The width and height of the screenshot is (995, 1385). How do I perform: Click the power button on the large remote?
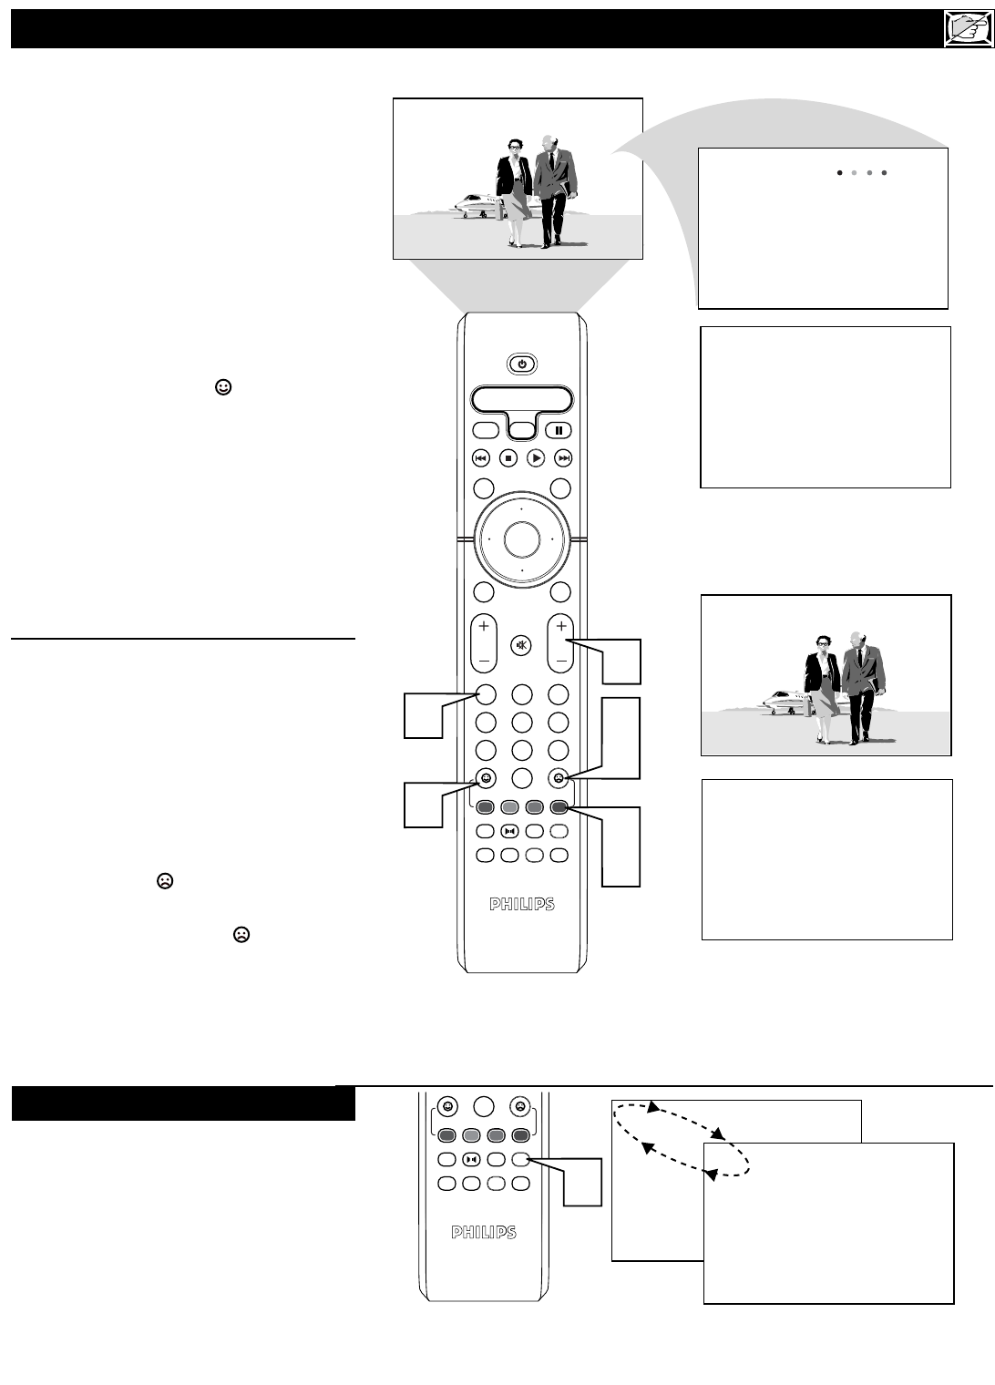point(521,364)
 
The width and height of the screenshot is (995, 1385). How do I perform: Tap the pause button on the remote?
point(558,430)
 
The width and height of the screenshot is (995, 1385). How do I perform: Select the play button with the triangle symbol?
point(536,458)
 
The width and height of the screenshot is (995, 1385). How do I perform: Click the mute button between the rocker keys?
point(521,645)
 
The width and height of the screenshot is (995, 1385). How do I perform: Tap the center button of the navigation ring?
point(522,539)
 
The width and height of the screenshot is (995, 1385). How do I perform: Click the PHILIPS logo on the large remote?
point(522,905)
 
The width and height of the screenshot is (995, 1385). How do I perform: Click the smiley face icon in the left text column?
point(223,387)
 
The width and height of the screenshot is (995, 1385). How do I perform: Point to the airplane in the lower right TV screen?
point(786,703)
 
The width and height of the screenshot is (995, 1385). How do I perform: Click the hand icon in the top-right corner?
point(969,29)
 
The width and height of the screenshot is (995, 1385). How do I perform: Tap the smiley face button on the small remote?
point(447,1106)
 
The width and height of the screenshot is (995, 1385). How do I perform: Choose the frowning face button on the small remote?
point(520,1106)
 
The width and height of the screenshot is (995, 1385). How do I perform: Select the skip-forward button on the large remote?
point(563,458)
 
